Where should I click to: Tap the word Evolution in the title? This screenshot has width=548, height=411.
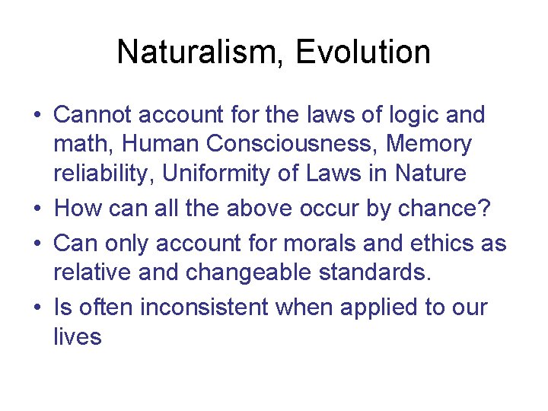point(363,53)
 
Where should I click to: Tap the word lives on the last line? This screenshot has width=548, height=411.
point(77,336)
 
